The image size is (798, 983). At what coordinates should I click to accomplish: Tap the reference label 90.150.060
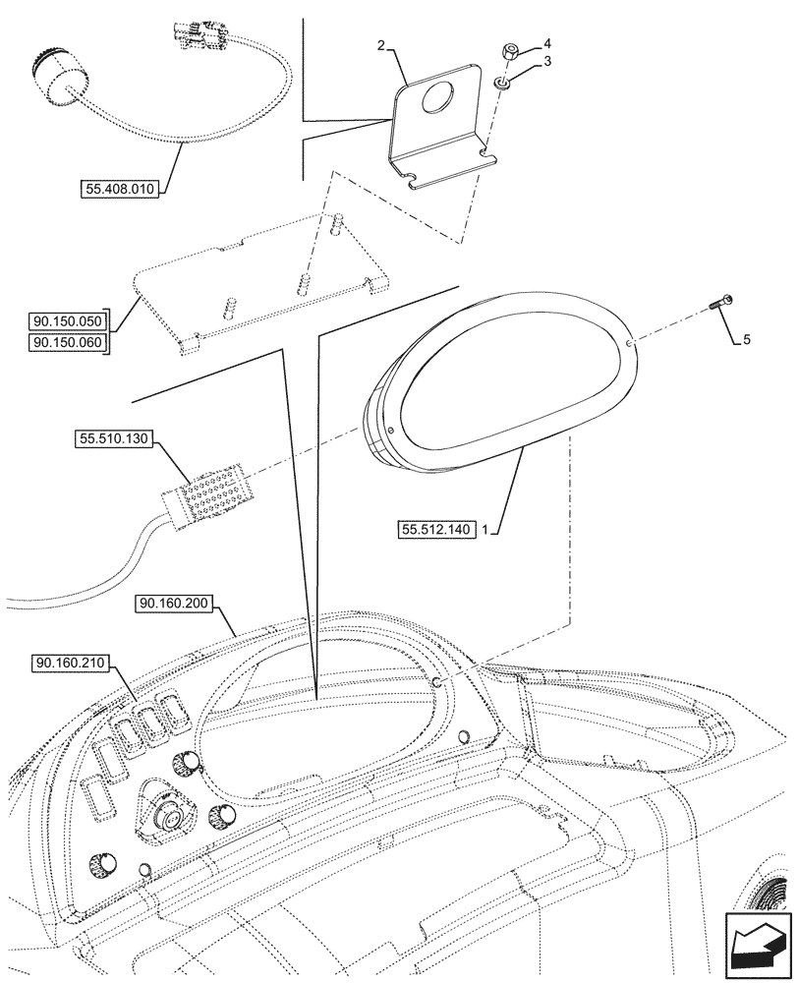[66, 341]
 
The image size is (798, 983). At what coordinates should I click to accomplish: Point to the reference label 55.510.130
[110, 440]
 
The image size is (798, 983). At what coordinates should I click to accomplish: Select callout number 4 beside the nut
[548, 43]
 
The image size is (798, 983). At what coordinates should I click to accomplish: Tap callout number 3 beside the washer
[548, 62]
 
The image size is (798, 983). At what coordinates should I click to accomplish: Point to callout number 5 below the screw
[746, 340]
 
